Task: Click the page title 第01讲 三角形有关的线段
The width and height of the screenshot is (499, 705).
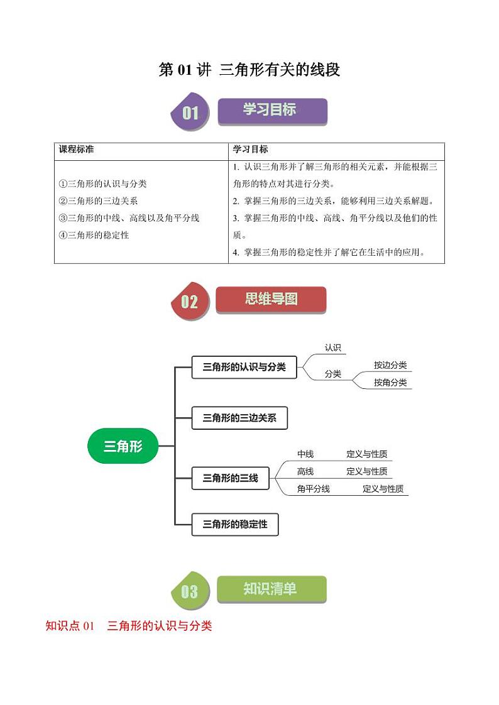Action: pyautogui.click(x=249, y=70)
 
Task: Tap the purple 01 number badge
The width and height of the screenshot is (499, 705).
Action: pyautogui.click(x=190, y=113)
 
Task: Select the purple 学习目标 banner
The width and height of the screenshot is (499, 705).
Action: pyautogui.click(x=271, y=111)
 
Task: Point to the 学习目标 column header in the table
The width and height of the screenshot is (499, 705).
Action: pyautogui.click(x=250, y=150)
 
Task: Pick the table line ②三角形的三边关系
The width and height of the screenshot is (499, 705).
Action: pyautogui.click(x=98, y=201)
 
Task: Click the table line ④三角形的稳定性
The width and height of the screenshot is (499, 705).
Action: pyautogui.click(x=94, y=235)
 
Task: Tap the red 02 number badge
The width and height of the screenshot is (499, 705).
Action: pyautogui.click(x=190, y=302)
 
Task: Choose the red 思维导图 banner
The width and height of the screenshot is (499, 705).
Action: pyautogui.click(x=271, y=300)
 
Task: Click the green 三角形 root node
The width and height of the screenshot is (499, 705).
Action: pyautogui.click(x=123, y=446)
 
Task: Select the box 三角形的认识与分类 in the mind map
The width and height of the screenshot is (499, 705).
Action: pyautogui.click(x=244, y=367)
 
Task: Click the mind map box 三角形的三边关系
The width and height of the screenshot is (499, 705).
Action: pyautogui.click(x=239, y=417)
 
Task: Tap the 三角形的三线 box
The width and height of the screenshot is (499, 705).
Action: pyautogui.click(x=230, y=478)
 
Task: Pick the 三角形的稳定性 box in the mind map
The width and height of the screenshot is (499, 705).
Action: pyautogui.click(x=234, y=524)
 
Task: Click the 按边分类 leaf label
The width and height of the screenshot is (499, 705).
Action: pyautogui.click(x=390, y=365)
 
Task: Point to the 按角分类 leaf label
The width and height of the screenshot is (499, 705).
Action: pyautogui.click(x=390, y=382)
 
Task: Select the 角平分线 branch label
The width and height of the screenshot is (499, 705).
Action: pyautogui.click(x=313, y=488)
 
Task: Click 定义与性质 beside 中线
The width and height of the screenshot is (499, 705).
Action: pyautogui.click(x=366, y=454)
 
